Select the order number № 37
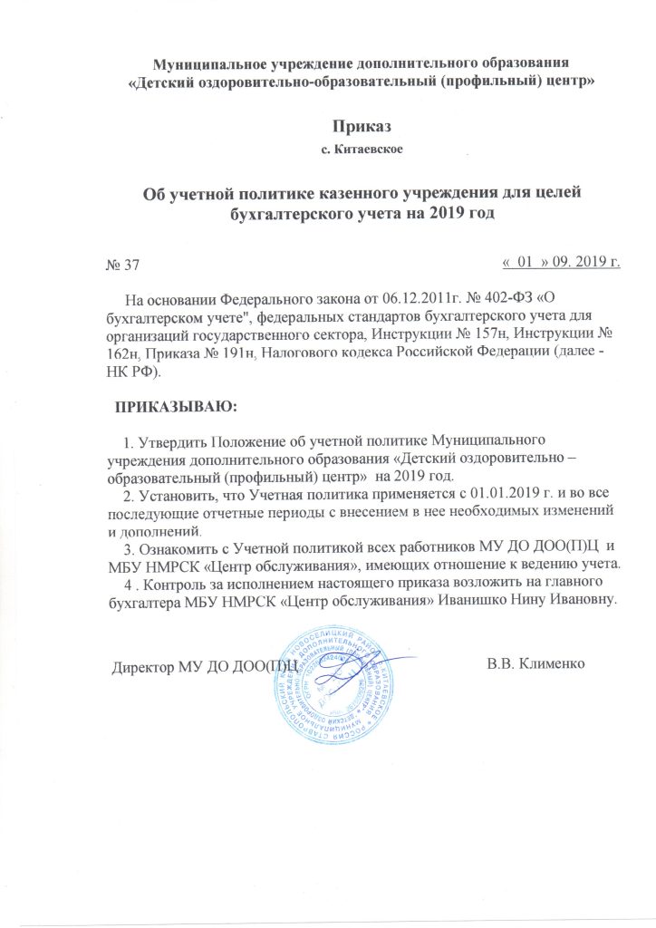pyautogui.click(x=123, y=265)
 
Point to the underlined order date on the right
pyautogui.click(x=561, y=262)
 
